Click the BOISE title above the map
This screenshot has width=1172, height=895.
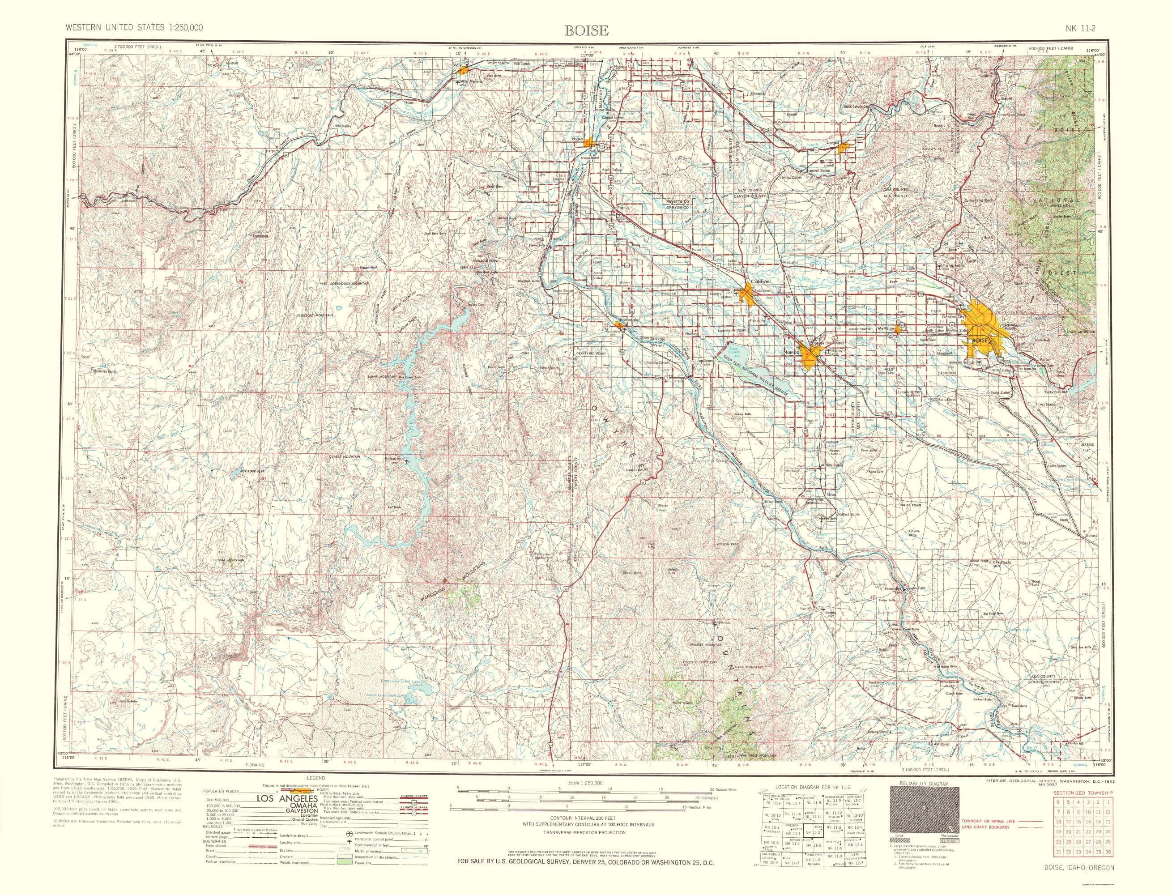586,30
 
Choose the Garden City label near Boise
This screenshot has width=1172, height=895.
953,317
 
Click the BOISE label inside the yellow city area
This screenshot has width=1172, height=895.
980,340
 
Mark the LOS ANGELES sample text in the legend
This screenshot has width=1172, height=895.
287,813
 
